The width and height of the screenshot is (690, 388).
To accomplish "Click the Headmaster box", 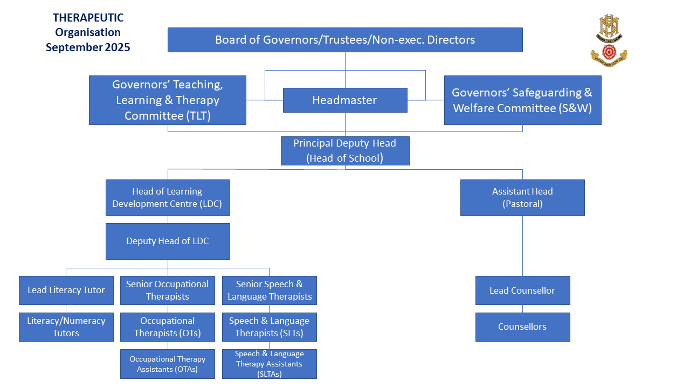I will pyautogui.click(x=345, y=100).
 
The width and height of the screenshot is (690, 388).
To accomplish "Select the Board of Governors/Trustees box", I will pyautogui.click(x=345, y=40).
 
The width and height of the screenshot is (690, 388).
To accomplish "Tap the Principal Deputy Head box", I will pyautogui.click(x=345, y=151).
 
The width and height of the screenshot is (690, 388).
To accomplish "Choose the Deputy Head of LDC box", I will pyautogui.click(x=168, y=241).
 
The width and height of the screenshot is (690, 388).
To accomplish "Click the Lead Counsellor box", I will pyautogui.click(x=522, y=290).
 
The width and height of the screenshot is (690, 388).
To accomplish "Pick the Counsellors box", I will pyautogui.click(x=522, y=327).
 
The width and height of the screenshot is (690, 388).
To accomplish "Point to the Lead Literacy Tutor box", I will pyautogui.click(x=66, y=290).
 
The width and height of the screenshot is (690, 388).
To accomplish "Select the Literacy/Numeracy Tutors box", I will pyautogui.click(x=66, y=327).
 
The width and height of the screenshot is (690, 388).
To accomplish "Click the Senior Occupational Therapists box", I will pyautogui.click(x=168, y=290).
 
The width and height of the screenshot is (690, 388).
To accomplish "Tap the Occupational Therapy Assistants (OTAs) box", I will pyautogui.click(x=168, y=364).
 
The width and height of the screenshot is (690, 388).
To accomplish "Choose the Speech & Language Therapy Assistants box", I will pyautogui.click(x=270, y=364).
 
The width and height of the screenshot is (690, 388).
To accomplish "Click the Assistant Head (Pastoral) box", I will pyautogui.click(x=522, y=198).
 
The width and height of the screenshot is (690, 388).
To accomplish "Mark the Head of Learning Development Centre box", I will pyautogui.click(x=168, y=198).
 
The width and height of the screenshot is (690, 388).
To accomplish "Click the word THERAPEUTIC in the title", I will pyautogui.click(x=88, y=18).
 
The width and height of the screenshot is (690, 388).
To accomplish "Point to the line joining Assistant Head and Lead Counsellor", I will pyautogui.click(x=522, y=246).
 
